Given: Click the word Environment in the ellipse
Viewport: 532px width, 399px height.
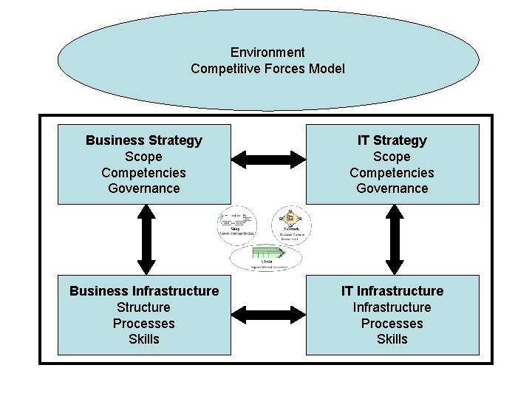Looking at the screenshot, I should click(x=267, y=52).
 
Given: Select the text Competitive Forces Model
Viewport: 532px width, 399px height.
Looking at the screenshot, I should click(x=267, y=69).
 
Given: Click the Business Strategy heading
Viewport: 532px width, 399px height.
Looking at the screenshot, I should click(x=144, y=140).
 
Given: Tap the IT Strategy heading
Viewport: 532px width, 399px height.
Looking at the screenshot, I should click(x=392, y=140).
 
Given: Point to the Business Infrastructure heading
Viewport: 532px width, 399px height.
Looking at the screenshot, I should click(x=144, y=291).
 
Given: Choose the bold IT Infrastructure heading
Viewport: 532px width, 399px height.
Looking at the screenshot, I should click(x=392, y=291).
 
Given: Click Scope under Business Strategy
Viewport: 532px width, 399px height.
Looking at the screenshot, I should click(x=144, y=157).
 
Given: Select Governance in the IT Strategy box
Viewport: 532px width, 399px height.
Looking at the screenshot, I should click(x=392, y=188).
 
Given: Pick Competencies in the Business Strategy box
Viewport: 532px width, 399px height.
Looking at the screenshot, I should click(x=144, y=173).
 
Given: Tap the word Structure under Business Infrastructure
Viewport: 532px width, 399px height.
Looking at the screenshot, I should click(x=144, y=307).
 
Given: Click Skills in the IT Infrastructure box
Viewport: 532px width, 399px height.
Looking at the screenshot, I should click(x=392, y=339).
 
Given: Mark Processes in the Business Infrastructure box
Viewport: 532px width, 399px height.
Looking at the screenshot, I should click(x=144, y=324).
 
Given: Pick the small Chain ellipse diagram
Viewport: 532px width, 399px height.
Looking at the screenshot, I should click(x=266, y=256).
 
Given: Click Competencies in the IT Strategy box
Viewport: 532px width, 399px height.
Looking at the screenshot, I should click(x=392, y=173).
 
